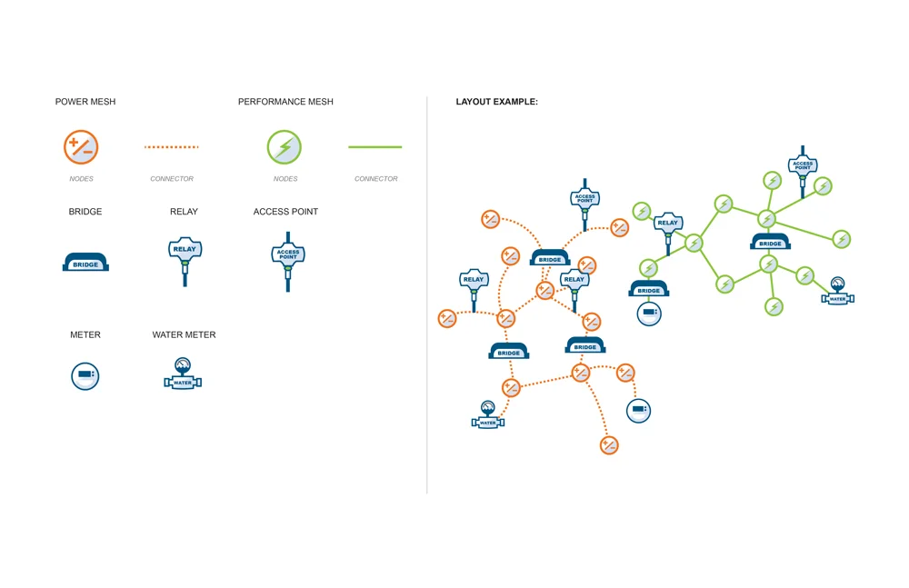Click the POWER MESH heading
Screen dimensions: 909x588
click(x=85, y=102)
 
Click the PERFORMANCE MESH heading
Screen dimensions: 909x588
click(x=285, y=102)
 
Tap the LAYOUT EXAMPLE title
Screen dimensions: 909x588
click(x=497, y=102)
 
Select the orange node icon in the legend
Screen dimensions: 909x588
click(x=81, y=146)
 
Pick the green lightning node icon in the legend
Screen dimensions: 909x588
click(x=284, y=146)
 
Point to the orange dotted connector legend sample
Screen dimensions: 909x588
click(x=172, y=146)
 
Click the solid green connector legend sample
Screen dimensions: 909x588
click(x=375, y=146)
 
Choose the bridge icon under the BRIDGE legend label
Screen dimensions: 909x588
click(x=85, y=262)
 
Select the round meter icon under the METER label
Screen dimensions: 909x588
click(x=85, y=375)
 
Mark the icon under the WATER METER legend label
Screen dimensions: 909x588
click(x=183, y=374)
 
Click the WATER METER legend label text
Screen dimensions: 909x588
click(x=184, y=334)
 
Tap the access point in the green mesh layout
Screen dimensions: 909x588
click(x=803, y=168)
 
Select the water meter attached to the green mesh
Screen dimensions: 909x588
click(x=838, y=291)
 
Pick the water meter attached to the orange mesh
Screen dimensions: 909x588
click(x=488, y=414)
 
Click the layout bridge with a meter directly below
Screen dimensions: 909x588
click(x=649, y=288)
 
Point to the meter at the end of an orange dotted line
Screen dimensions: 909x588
click(x=639, y=411)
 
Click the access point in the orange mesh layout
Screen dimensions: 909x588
click(x=584, y=202)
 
